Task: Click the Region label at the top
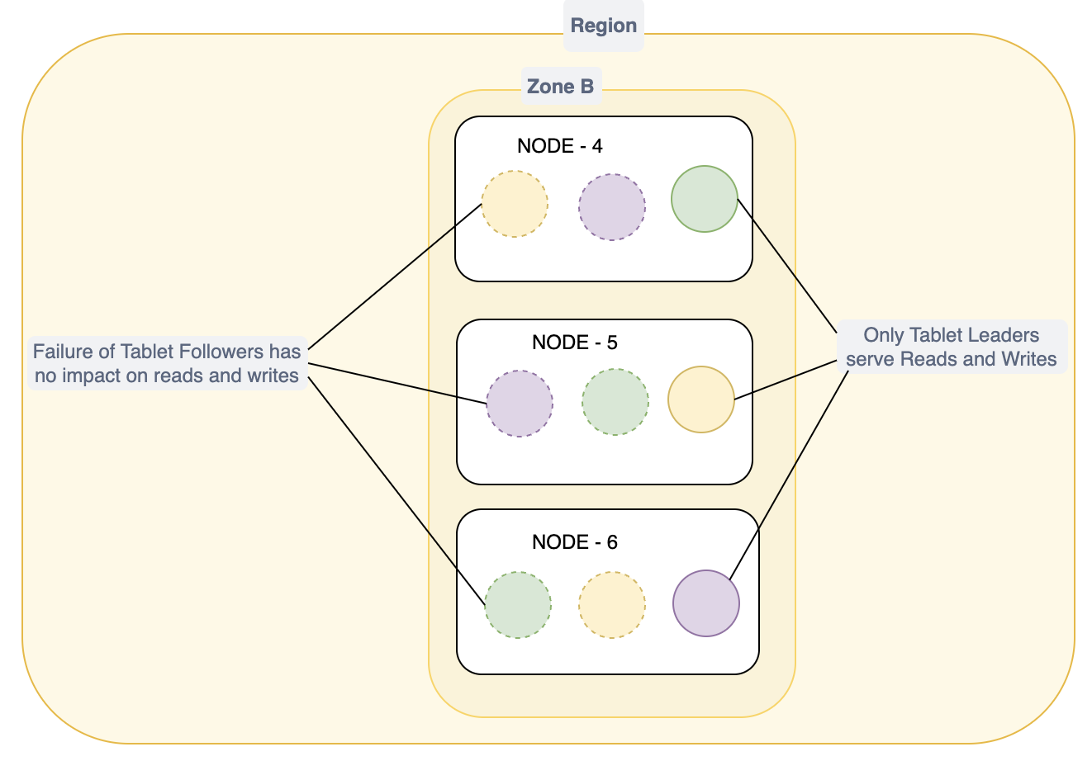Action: [604, 26]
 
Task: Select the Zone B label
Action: [560, 87]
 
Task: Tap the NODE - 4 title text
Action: [559, 146]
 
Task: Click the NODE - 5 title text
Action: [574, 342]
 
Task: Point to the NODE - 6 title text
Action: [574, 542]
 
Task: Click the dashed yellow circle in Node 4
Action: [515, 204]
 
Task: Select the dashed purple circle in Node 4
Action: [611, 207]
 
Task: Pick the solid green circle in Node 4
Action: [704, 199]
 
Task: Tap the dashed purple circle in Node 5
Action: [519, 403]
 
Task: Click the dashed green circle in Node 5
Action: [615, 402]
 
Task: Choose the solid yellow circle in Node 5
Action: [700, 399]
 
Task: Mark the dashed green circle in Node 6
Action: [517, 605]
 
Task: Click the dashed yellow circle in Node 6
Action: [611, 605]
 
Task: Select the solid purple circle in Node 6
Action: [705, 603]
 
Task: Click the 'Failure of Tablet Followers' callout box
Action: [167, 363]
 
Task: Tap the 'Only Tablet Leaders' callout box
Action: [951, 347]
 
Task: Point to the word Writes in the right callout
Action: [1028, 359]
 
